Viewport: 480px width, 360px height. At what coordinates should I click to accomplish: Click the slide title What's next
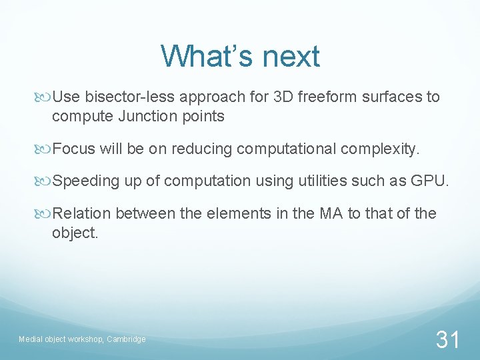coord(240,57)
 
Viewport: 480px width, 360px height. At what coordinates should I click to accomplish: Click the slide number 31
coord(447,339)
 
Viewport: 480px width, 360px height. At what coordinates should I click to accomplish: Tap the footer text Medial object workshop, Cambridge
coord(82,339)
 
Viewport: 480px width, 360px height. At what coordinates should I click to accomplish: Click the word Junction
coord(145,117)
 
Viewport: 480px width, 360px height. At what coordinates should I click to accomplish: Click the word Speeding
coord(85,181)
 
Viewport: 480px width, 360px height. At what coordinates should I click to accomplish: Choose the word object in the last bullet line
coord(73,233)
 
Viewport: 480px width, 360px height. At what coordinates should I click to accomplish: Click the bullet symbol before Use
coord(45,97)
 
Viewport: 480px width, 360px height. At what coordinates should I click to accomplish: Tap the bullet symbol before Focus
coord(45,149)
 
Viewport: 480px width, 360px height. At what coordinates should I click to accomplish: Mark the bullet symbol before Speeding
coord(45,181)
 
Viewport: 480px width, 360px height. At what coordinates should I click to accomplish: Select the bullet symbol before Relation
coord(45,213)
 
